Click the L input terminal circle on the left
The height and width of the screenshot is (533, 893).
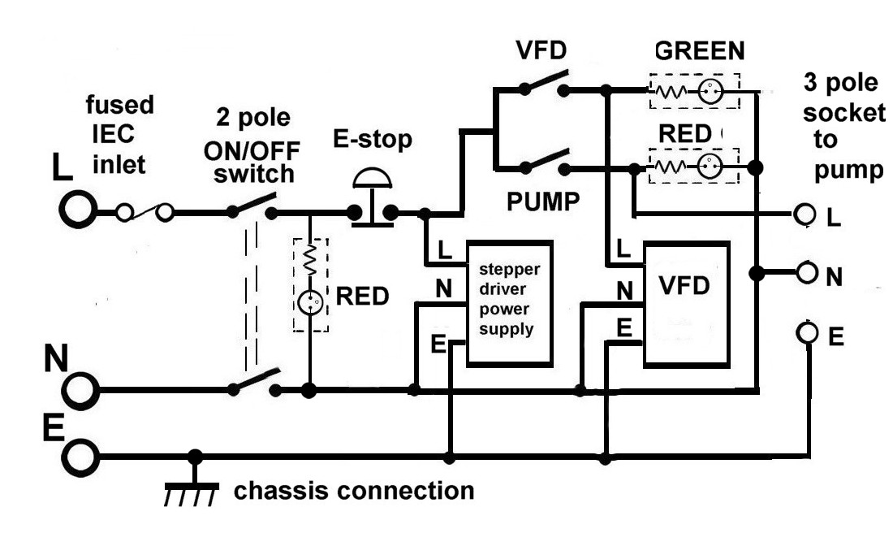click(78, 209)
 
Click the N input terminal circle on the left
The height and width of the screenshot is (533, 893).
click(80, 391)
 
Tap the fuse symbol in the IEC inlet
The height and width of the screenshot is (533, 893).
click(145, 212)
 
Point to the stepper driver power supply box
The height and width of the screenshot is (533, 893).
click(510, 303)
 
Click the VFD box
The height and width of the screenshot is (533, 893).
click(687, 305)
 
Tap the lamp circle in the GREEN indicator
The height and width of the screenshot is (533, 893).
click(710, 91)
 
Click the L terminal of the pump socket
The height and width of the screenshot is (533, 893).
click(805, 214)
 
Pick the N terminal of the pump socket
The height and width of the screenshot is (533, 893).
click(807, 272)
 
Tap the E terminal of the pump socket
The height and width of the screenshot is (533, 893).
click(807, 331)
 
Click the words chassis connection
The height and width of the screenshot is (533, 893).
click(354, 490)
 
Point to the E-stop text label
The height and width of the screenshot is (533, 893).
click(373, 140)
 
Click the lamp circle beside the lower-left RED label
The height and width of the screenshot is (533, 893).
click(310, 303)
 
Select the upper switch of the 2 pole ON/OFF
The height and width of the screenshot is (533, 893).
click(252, 206)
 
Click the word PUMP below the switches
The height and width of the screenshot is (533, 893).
click(543, 201)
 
